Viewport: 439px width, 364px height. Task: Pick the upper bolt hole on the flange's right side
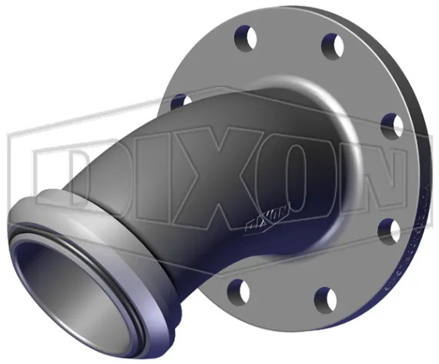[390, 124]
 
